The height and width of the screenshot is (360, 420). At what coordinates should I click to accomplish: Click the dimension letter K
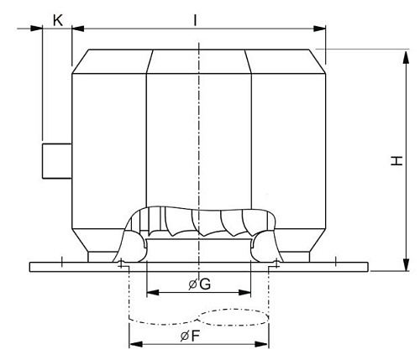tap(57, 18)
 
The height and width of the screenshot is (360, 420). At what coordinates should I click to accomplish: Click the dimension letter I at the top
tap(195, 17)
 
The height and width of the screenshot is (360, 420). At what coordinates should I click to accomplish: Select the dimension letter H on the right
tap(396, 162)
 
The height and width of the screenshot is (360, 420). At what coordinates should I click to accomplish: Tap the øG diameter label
tap(199, 284)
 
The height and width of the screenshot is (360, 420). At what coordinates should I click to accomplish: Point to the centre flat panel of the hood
tap(198, 126)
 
